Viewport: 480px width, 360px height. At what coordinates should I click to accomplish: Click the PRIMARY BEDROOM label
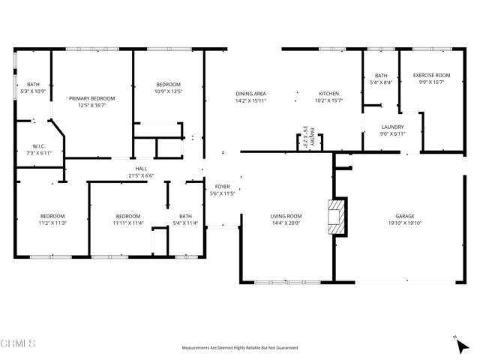[x=91, y=98]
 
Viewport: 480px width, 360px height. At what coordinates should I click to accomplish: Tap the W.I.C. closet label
[x=40, y=145]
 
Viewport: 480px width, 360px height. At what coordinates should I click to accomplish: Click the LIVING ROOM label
[x=286, y=216]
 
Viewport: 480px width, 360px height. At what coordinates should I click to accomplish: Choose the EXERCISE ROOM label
[x=431, y=75]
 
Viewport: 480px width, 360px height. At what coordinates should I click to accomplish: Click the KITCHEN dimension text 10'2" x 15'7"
[x=328, y=100]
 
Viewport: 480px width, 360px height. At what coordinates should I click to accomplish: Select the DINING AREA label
[x=250, y=94]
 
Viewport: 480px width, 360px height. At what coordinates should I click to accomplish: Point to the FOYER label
[x=223, y=187]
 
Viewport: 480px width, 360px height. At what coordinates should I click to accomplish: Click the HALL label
[x=141, y=169]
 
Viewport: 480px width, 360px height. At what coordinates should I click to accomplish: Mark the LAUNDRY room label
[x=393, y=127]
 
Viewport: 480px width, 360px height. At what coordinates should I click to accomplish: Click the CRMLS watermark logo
[x=18, y=344]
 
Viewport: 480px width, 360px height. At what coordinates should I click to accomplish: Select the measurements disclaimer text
[x=239, y=348]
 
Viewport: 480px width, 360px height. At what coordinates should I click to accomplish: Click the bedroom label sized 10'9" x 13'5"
[x=168, y=85]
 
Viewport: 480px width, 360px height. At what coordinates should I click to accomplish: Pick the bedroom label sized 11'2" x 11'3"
[x=52, y=216]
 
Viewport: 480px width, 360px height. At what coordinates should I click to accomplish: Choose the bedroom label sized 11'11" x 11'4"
[x=128, y=216]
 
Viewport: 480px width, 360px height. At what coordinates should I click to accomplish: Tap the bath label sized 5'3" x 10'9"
[x=33, y=85]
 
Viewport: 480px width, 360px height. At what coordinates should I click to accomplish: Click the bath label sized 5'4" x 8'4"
[x=381, y=75]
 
